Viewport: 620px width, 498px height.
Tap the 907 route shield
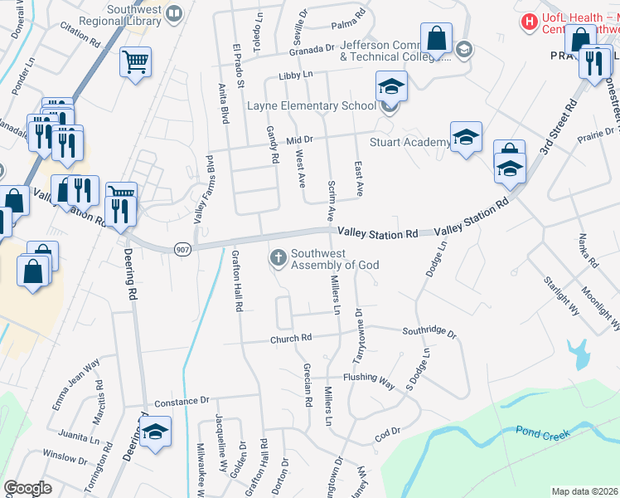coord(182,248)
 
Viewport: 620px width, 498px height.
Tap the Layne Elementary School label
coord(312,106)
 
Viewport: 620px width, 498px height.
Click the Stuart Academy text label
coord(409,142)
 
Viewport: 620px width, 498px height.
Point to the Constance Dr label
coord(182,401)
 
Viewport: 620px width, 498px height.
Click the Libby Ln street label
coord(296,75)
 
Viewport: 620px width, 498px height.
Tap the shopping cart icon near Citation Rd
coord(135,61)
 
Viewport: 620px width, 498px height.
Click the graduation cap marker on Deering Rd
coord(155,432)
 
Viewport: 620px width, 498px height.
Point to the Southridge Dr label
coord(429,332)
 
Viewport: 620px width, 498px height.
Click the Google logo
coord(27,488)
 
